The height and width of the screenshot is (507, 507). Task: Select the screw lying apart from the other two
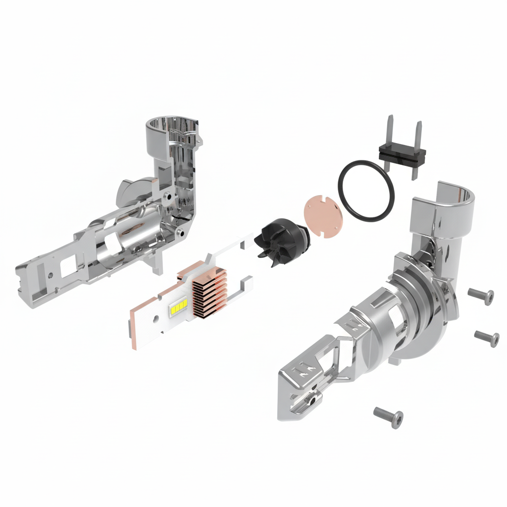[x=388, y=417]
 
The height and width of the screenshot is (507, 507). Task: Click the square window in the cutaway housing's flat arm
[x=65, y=268]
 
